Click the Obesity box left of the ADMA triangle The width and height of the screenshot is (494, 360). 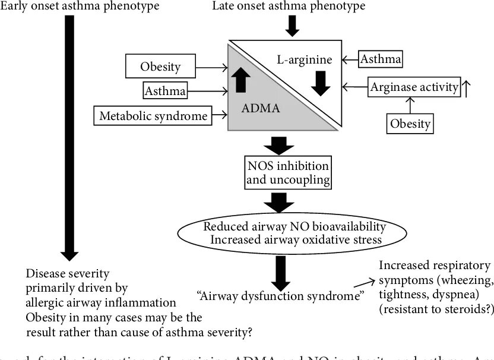[160, 66]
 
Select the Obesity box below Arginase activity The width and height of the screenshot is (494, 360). [410, 124]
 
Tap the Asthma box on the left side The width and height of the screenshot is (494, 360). [164, 91]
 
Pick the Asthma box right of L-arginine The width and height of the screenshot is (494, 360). [381, 59]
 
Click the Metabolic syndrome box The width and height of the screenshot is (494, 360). [154, 115]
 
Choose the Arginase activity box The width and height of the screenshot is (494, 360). [414, 88]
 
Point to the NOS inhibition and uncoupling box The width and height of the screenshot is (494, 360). [287, 171]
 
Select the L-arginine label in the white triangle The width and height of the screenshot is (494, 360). [305, 60]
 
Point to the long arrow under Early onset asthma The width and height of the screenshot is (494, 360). [69, 137]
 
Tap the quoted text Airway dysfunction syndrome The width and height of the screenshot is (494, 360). [280, 295]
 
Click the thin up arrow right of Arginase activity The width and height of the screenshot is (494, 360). [467, 88]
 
